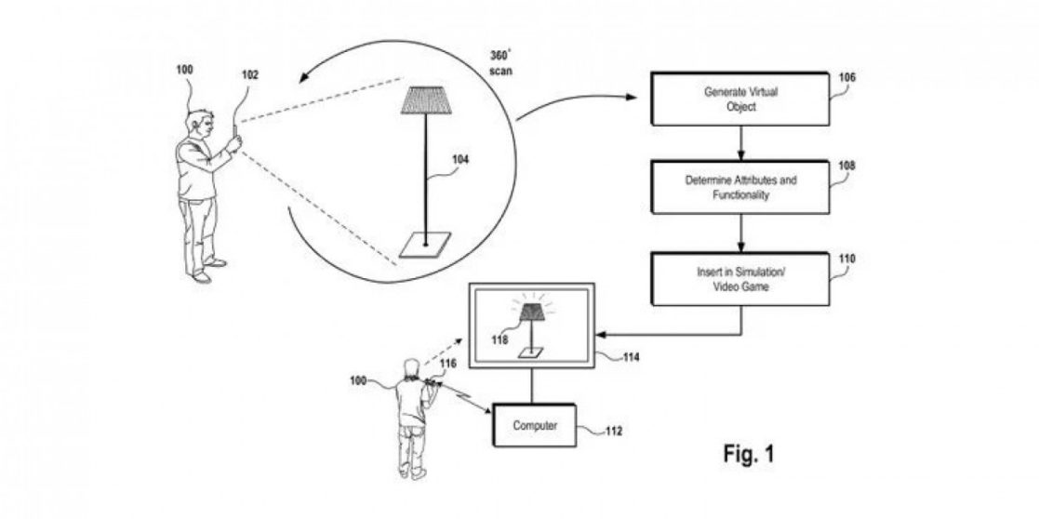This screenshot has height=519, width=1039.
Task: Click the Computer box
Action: click(535, 426)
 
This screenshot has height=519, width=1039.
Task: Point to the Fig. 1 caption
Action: click(749, 454)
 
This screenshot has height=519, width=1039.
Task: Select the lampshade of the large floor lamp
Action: click(427, 100)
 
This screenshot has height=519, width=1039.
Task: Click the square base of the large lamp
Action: click(425, 245)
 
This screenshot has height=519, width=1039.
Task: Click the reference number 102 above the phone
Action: click(250, 75)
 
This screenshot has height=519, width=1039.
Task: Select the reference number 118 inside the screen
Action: click(500, 341)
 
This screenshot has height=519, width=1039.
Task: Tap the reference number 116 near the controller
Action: click(448, 364)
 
